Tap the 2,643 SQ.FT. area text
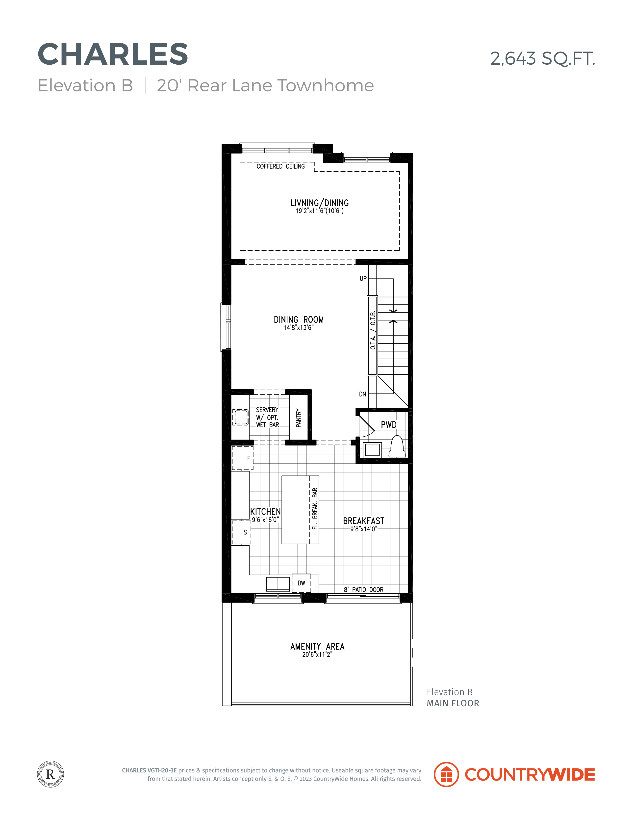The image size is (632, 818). tap(543, 58)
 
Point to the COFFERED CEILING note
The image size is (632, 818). tap(280, 166)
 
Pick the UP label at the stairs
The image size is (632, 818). tap(363, 279)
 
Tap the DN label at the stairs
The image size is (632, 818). tap(362, 394)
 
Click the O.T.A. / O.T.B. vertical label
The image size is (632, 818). tap(373, 330)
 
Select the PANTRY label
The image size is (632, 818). tap(298, 418)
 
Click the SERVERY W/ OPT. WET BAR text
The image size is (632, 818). tap(267, 417)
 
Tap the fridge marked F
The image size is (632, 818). tap(243, 458)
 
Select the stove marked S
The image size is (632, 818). tap(241, 532)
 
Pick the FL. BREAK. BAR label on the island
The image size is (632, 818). tap(315, 509)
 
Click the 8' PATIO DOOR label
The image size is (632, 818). tap(364, 589)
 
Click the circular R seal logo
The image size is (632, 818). tap(51, 774)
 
